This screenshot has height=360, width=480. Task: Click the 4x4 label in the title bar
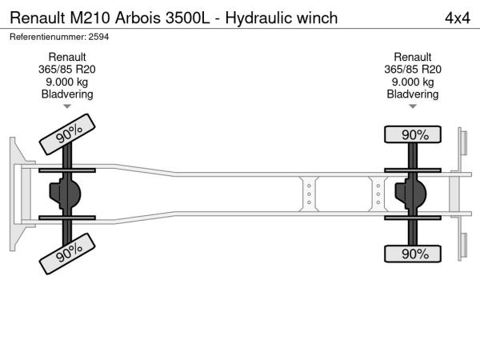(458, 18)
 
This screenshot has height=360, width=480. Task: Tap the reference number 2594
(98, 37)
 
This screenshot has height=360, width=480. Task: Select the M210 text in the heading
(90, 18)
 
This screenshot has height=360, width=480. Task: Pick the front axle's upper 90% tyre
(67, 134)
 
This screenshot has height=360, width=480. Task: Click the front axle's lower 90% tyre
(67, 254)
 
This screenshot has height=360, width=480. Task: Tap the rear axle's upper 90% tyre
(413, 134)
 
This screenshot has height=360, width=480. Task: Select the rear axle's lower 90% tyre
(413, 254)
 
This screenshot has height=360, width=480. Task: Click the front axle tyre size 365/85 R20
(67, 70)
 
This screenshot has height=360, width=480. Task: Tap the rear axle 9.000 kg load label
(413, 82)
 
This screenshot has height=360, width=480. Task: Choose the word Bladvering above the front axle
(67, 94)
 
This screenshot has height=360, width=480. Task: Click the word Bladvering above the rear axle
(413, 94)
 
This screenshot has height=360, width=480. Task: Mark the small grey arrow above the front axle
(67, 106)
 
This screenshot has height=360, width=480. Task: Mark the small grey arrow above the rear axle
(413, 106)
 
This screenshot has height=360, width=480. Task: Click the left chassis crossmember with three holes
(309, 194)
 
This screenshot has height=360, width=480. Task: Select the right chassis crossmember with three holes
(378, 194)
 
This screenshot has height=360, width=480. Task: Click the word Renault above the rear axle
(413, 57)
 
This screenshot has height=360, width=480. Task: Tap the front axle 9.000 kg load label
(67, 82)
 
